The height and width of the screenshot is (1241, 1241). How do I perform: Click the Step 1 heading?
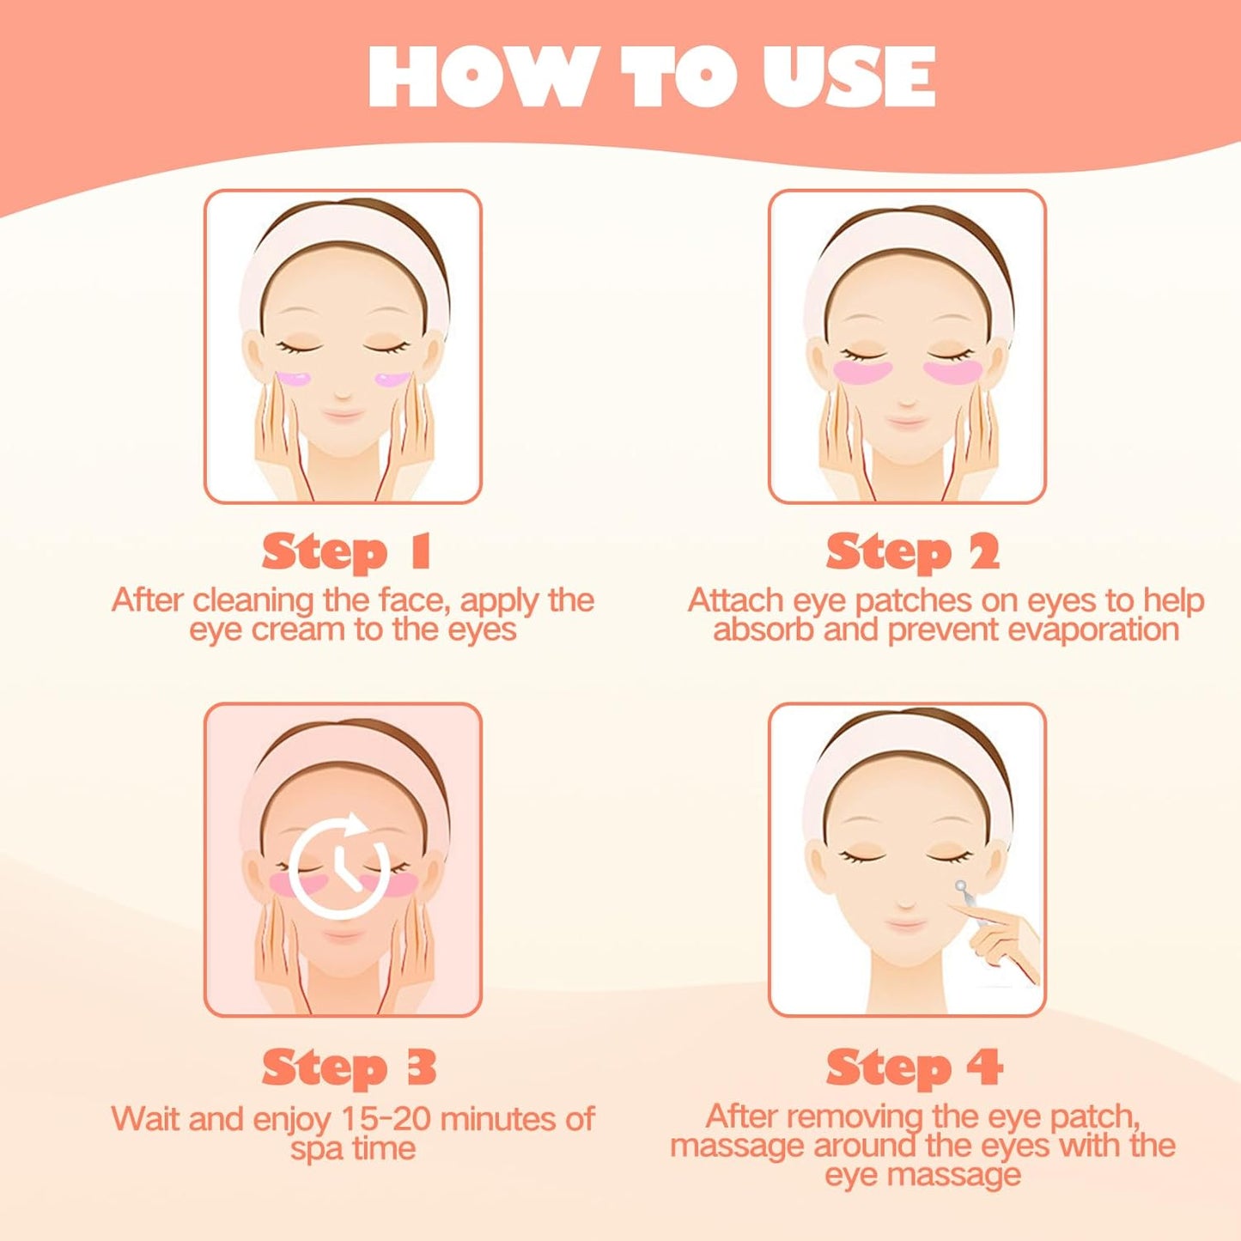point(345,551)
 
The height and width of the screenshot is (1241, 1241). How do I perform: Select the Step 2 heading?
point(912,551)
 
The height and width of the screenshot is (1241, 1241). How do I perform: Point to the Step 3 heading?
point(349,1068)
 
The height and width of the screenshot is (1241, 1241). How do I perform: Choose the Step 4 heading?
point(914,1068)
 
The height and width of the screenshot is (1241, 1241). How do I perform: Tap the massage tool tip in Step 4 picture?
point(960,886)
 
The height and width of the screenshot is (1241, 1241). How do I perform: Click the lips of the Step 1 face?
point(344,416)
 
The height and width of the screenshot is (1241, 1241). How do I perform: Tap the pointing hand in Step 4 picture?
point(1005,940)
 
